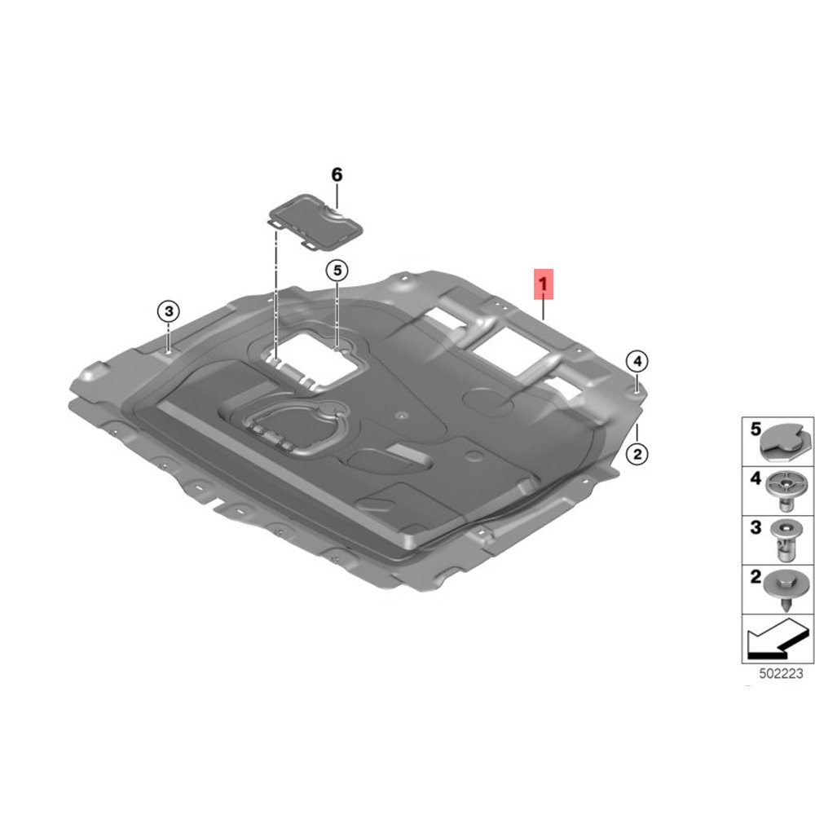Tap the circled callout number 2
(637, 453)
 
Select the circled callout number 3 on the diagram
(168, 311)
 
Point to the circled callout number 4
(637, 361)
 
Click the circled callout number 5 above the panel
(337, 271)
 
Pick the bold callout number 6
(337, 175)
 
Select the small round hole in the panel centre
(400, 416)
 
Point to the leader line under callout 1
(544, 308)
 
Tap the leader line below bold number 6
(337, 196)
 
